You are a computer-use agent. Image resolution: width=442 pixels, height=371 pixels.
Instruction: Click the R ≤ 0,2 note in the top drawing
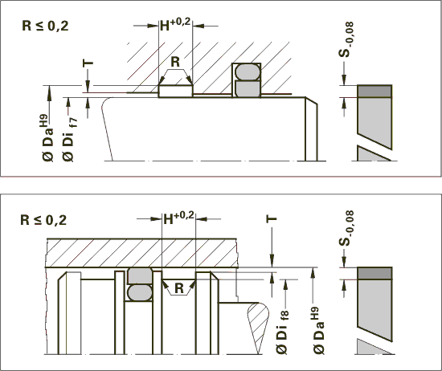pyautogui.click(x=45, y=26)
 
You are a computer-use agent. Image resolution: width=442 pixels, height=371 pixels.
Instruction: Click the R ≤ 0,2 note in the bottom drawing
pyautogui.click(x=43, y=220)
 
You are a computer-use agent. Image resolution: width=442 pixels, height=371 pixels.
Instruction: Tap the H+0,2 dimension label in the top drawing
pyautogui.click(x=175, y=25)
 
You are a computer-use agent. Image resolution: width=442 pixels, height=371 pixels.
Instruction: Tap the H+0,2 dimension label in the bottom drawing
pyautogui.click(x=179, y=218)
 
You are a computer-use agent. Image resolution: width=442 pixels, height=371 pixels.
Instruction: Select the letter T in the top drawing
pyautogui.click(x=88, y=63)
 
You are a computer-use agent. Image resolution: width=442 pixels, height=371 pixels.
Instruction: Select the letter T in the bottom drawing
pyautogui.click(x=272, y=218)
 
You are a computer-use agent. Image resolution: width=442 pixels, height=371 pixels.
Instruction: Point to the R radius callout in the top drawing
pyautogui.click(x=175, y=61)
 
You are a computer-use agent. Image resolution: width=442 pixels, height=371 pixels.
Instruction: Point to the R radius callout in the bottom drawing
pyautogui.click(x=179, y=288)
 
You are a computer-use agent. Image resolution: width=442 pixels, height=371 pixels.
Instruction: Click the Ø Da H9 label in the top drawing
pyautogui.click(x=48, y=138)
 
